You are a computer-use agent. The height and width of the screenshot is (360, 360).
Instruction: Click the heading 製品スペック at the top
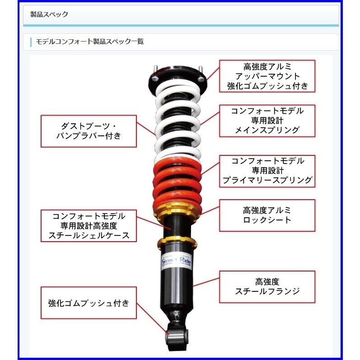tap(49, 14)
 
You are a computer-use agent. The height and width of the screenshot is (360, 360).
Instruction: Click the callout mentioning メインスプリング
tap(267, 120)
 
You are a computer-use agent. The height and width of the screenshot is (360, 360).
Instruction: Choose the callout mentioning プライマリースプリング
tap(267, 171)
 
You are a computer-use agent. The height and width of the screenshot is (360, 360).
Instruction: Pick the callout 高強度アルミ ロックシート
tap(267, 215)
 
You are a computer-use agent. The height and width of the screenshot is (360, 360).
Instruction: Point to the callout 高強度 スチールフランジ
tap(267, 286)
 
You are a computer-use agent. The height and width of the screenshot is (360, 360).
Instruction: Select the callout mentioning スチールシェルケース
tap(89, 225)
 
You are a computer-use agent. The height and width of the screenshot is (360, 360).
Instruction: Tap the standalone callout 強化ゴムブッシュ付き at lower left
tap(89, 303)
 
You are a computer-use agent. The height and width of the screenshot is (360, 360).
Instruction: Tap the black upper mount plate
tap(178, 79)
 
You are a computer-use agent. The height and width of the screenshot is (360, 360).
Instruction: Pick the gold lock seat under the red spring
tap(178, 210)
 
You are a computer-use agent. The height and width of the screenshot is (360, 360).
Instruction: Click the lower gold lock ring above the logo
tap(178, 243)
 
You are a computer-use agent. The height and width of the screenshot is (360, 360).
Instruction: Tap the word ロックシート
tap(267, 220)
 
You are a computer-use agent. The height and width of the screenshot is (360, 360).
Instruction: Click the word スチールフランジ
tap(267, 292)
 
